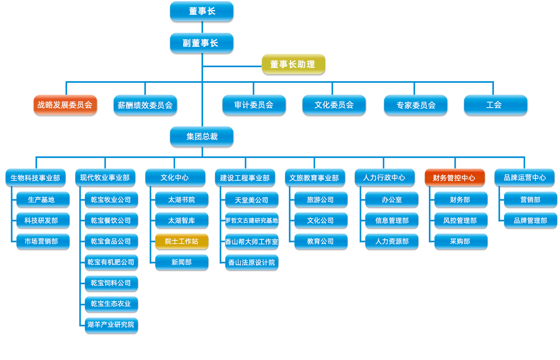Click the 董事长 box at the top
[x=202, y=11]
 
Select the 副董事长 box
[x=202, y=43]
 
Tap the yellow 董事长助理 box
[x=293, y=64]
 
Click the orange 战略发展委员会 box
[x=65, y=105]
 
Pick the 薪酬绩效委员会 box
[x=145, y=105]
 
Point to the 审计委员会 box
[x=254, y=105]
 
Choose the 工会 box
[x=495, y=105]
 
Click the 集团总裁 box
[x=202, y=137]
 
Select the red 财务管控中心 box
[x=454, y=178]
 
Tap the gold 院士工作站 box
[x=182, y=241]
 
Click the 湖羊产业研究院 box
[x=111, y=324]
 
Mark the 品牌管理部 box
[x=530, y=220]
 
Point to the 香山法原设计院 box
[x=252, y=262]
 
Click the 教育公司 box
[x=320, y=241]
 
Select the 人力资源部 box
[x=392, y=241]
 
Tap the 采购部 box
[x=460, y=241]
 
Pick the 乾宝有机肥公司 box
[x=111, y=262]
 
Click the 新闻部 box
[x=182, y=262]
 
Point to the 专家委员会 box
[x=416, y=105]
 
